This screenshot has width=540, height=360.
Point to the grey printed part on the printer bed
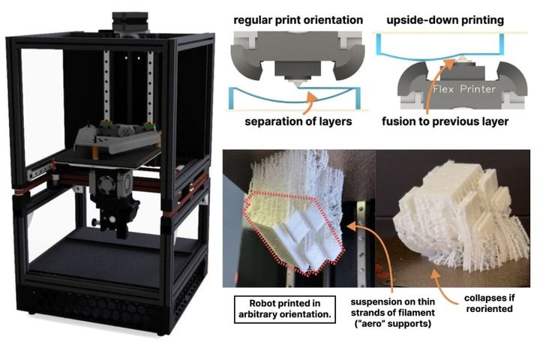click(x=116, y=137)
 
